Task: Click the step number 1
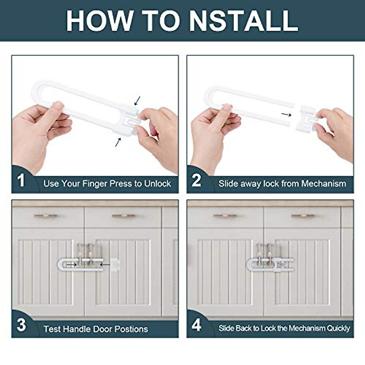click(21, 180)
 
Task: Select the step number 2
click(196, 180)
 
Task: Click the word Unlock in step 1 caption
click(157, 183)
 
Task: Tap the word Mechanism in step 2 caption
click(324, 183)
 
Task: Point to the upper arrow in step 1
click(137, 101)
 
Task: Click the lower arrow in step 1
click(118, 142)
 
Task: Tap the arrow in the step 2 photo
click(286, 114)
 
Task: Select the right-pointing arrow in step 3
click(71, 265)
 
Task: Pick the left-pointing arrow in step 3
click(105, 265)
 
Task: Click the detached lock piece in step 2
click(306, 118)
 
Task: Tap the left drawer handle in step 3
click(46, 216)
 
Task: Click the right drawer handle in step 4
click(303, 216)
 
